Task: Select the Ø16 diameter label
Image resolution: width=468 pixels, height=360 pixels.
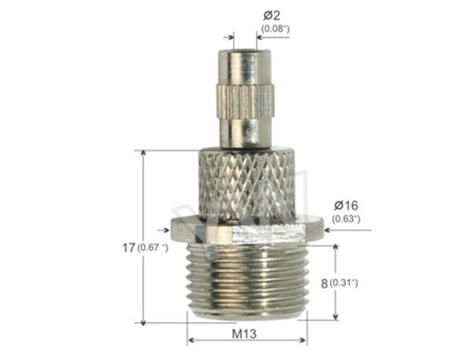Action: tap(346, 205)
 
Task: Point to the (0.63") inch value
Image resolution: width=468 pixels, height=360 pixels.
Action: tap(346, 218)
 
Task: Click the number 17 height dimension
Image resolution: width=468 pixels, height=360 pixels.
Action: tap(128, 248)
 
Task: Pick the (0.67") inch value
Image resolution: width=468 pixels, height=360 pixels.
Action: tap(152, 248)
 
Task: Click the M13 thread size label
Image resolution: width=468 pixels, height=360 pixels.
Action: tap(246, 335)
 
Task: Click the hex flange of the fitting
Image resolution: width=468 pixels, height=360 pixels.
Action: tap(246, 230)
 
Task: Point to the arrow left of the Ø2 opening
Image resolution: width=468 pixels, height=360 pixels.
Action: tap(229, 36)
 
